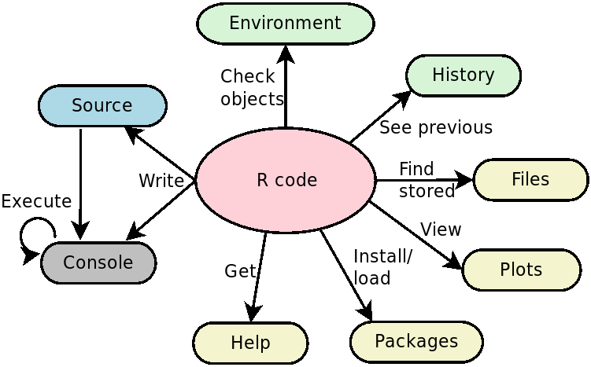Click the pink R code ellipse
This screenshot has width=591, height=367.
(286, 180)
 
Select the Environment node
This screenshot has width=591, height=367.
(285, 24)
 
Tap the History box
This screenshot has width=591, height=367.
(463, 75)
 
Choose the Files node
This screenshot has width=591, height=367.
(530, 179)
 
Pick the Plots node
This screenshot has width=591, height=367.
(521, 270)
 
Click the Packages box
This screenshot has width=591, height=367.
(416, 341)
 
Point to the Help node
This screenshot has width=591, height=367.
(250, 343)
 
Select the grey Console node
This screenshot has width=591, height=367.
(98, 262)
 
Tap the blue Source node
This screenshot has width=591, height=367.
(102, 105)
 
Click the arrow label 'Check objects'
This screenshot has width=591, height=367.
(251, 87)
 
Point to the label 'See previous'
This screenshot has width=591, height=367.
(436, 127)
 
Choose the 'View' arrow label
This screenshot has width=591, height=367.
(441, 229)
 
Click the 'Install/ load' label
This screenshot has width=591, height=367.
(382, 266)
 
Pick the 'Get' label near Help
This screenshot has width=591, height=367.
(240, 271)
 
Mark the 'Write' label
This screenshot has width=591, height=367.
(161, 181)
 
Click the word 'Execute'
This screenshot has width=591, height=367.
(36, 201)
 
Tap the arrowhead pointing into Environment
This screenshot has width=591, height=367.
(286, 53)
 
